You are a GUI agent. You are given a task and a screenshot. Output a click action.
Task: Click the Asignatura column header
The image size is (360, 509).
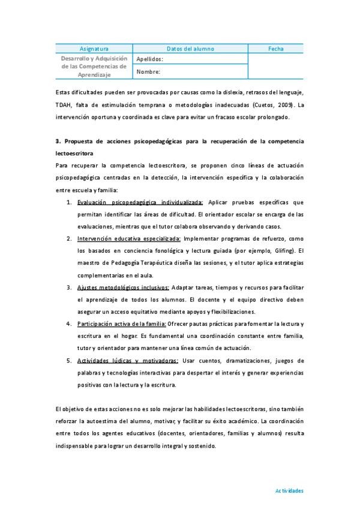click(94, 49)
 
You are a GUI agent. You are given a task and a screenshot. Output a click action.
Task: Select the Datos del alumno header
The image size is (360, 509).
click(190, 49)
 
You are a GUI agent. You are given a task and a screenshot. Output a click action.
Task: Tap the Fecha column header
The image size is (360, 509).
click(276, 49)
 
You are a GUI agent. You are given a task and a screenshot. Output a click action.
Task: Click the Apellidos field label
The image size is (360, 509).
click(150, 59)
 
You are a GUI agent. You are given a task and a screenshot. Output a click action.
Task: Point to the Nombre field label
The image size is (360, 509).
click(148, 72)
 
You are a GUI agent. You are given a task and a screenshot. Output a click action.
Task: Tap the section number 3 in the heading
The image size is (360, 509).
click(56, 141)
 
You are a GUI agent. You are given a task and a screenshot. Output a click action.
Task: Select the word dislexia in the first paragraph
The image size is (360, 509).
click(220, 92)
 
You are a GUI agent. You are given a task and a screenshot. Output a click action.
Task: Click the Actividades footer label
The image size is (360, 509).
click(289, 490)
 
